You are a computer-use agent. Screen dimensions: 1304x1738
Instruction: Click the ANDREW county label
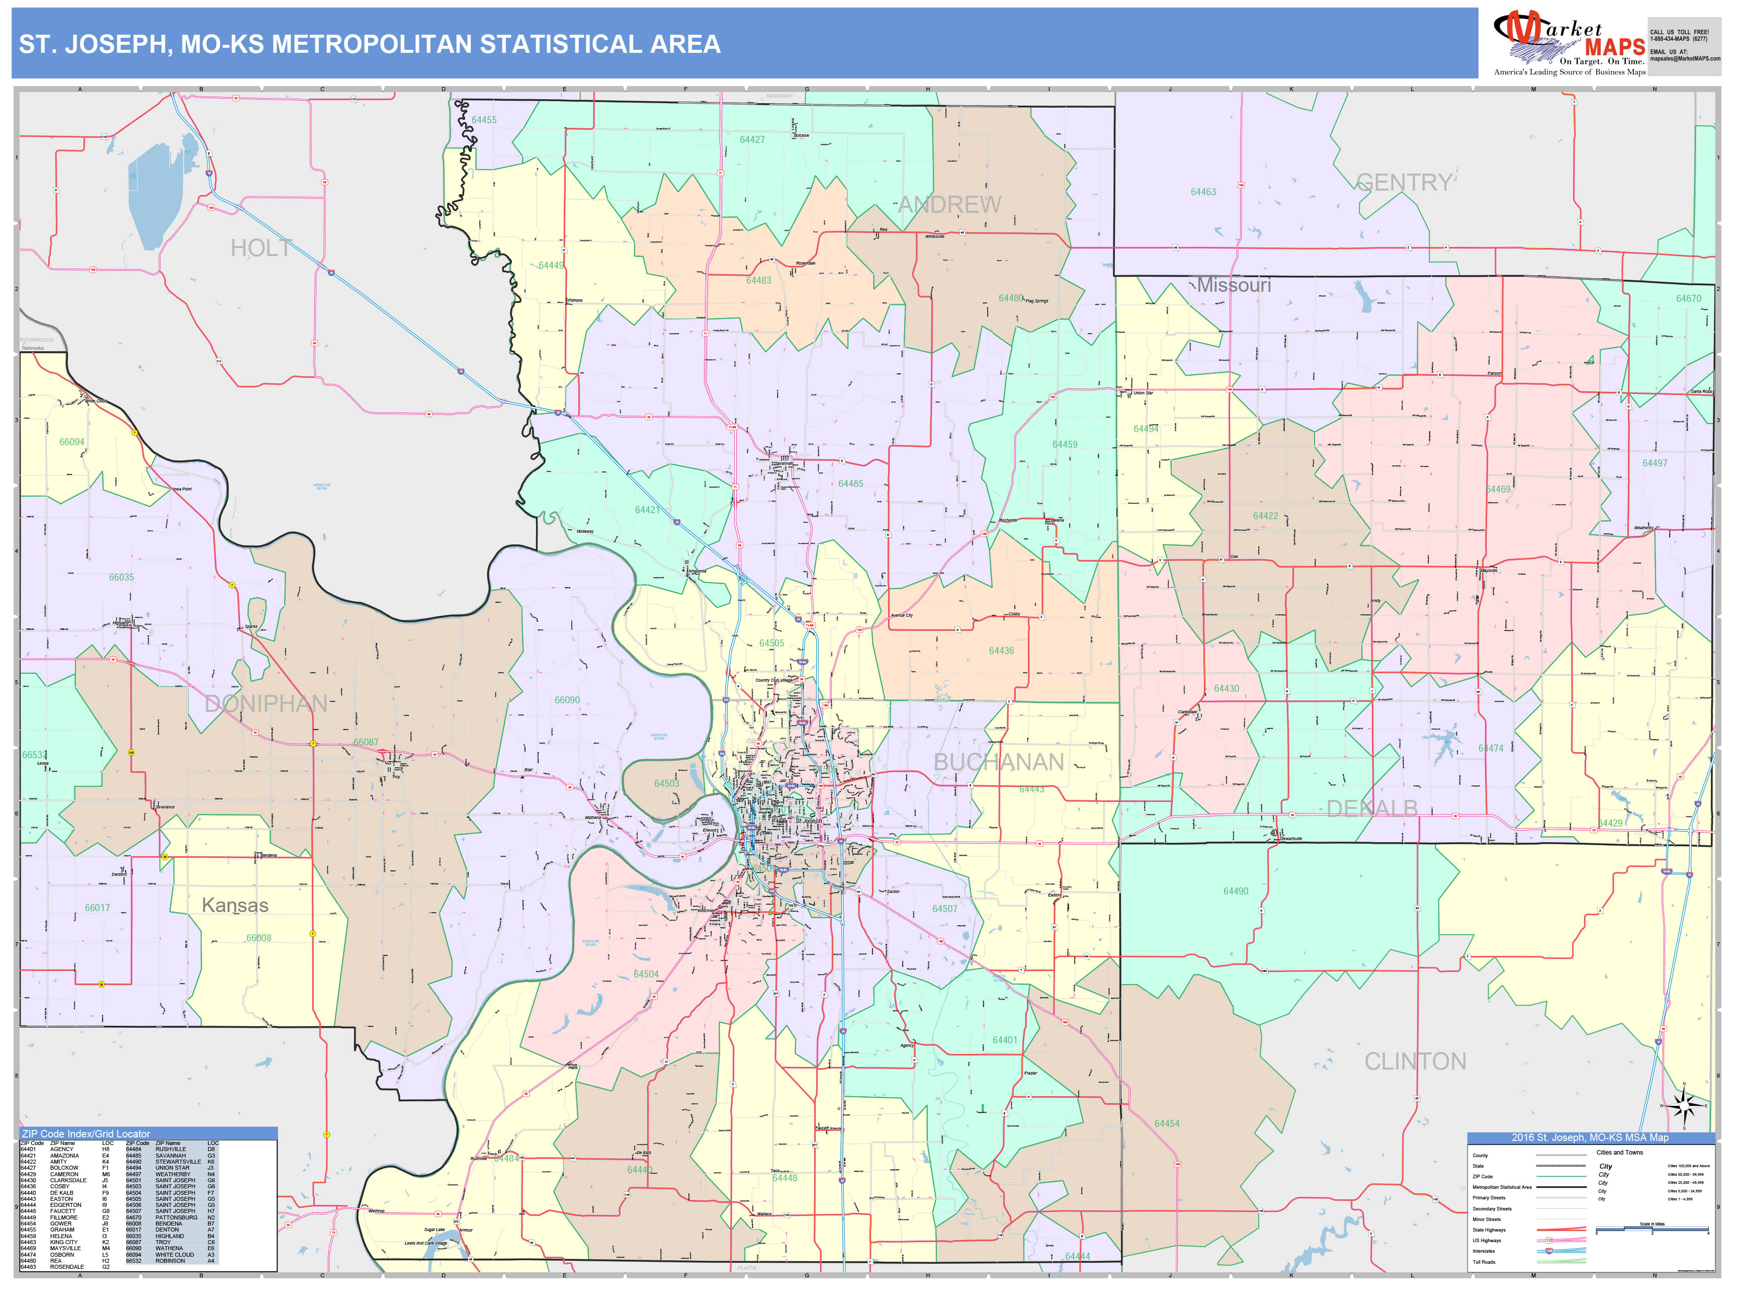tap(949, 205)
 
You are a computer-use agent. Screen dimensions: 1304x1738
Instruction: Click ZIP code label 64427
tap(752, 140)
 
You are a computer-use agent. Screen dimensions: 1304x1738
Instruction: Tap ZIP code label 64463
tap(1203, 192)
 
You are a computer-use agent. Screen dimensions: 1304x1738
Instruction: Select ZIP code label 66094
tap(71, 442)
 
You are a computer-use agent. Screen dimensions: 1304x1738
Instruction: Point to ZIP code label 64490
tap(1235, 891)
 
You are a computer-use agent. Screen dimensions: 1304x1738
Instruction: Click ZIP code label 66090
tap(567, 700)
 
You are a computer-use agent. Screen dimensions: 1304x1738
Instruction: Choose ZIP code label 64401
tap(1005, 1040)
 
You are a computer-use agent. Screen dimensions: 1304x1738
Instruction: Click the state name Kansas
tap(235, 906)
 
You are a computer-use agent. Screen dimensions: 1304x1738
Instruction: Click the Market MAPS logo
tap(1569, 44)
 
